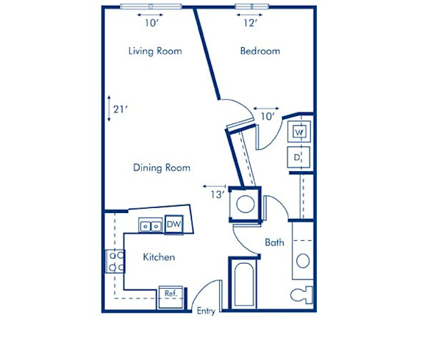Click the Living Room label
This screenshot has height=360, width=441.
click(x=155, y=51)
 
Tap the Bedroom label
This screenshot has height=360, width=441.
click(x=260, y=51)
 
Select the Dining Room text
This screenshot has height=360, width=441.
click(x=162, y=168)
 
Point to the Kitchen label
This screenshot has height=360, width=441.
click(x=159, y=257)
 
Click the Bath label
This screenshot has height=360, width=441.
click(x=274, y=242)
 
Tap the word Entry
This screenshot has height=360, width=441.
click(x=206, y=312)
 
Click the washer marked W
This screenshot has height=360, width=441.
click(x=300, y=132)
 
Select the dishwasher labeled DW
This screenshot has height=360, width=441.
click(x=173, y=224)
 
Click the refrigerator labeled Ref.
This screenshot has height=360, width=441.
click(x=171, y=293)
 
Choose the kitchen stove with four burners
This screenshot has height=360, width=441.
click(x=115, y=262)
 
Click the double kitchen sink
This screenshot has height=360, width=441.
click(x=150, y=226)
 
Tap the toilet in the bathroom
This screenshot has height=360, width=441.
click(x=302, y=295)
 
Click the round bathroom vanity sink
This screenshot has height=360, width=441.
click(x=302, y=260)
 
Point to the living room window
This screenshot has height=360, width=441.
click(x=151, y=7)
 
